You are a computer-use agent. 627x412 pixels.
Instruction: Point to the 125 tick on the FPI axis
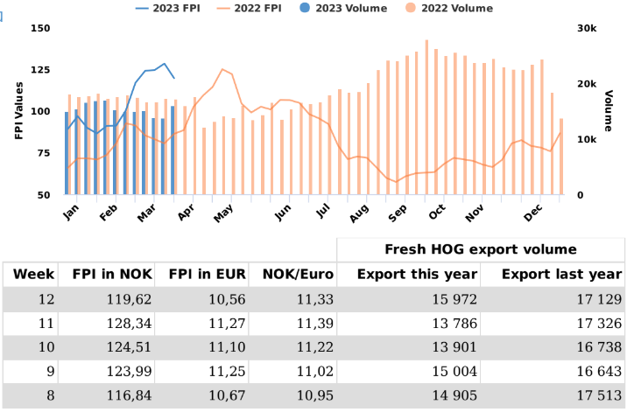coord(39,70)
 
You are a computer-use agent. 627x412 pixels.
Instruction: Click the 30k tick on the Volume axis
coord(587,29)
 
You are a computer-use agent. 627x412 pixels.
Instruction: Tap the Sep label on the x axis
coord(398,211)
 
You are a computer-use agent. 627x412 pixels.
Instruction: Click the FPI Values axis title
coord(18,111)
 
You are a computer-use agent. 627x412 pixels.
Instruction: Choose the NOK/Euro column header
coord(299,275)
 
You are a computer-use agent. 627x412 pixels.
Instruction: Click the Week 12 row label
coord(46,300)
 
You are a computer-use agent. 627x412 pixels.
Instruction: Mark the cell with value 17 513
coord(598,395)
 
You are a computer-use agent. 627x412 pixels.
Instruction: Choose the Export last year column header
coord(561,275)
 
